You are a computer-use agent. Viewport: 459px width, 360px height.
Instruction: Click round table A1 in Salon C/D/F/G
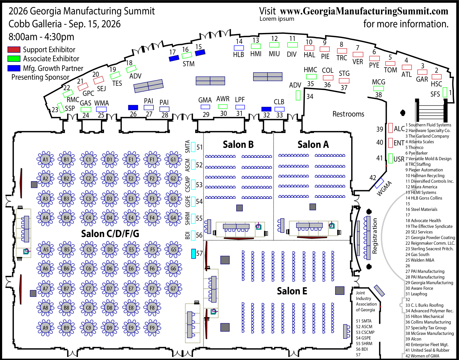pyautogui.click(x=45, y=160)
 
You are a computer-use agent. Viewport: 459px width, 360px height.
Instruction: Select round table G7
pyautogui.click(x=173, y=289)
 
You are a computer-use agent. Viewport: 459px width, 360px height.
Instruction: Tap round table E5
pyautogui.click(x=131, y=250)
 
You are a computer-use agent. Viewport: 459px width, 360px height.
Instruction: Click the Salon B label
pyautogui.click(x=238, y=145)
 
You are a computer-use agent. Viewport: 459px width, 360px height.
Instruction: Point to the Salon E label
pyautogui.click(x=292, y=291)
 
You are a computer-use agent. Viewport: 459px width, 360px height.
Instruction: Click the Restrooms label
pyautogui.click(x=348, y=114)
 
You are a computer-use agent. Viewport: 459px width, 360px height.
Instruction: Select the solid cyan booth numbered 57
pyautogui.click(x=193, y=254)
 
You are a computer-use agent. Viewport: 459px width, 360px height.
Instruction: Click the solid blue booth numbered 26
pyautogui.click(x=133, y=107)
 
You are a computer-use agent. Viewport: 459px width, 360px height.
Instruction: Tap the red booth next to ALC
pyautogui.click(x=391, y=128)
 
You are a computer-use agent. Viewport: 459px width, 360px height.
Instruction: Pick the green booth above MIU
pyautogui.click(x=274, y=45)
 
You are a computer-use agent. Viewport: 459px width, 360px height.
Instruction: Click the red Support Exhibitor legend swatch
pyautogui.click(x=14, y=49)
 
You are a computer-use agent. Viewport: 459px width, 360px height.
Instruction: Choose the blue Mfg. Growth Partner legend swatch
pyautogui.click(x=14, y=68)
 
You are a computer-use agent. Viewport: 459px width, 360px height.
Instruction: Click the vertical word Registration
pyautogui.click(x=374, y=236)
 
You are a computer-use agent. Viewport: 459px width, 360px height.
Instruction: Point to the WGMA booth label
pyautogui.click(x=384, y=189)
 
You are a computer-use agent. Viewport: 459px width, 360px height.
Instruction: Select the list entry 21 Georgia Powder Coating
pyautogui.click(x=430, y=238)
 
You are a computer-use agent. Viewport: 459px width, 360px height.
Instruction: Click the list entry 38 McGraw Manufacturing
pyautogui.click(x=429, y=333)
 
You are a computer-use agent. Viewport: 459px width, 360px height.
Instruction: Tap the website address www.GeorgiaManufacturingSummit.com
pyautogui.click(x=364, y=11)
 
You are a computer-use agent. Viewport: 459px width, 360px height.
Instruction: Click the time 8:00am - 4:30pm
pyautogui.click(x=41, y=37)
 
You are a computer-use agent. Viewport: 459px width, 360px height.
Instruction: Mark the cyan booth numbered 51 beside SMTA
pyautogui.click(x=193, y=147)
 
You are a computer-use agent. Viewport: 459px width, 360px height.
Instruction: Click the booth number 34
pyautogui.click(x=310, y=97)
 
